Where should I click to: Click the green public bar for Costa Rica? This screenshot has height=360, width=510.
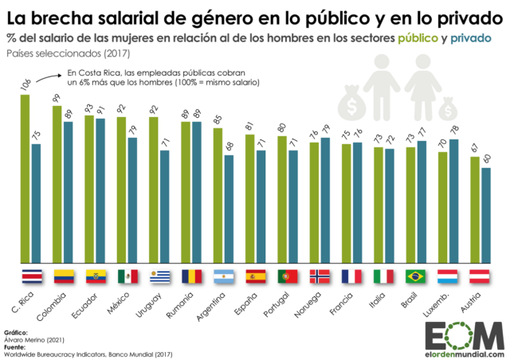point(25,178)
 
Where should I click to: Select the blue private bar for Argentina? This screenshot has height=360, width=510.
point(229,208)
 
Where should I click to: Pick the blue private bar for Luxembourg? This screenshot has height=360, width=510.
point(453,200)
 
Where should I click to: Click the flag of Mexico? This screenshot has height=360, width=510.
point(127,276)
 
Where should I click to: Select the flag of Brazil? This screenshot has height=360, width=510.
point(415,276)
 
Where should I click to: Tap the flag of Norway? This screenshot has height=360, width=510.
point(319,276)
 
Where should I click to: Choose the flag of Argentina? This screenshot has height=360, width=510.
point(223,276)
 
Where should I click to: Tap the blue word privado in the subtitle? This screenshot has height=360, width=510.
point(471,38)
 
